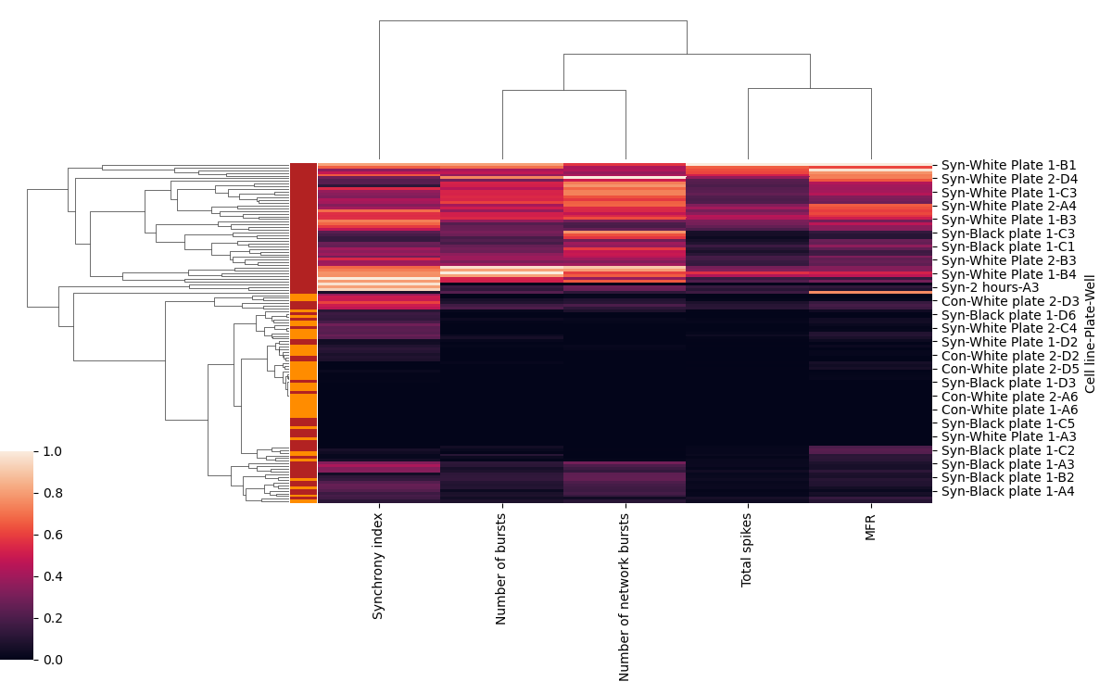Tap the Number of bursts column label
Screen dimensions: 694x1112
coord(501,568)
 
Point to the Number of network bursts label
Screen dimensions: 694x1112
coord(625,596)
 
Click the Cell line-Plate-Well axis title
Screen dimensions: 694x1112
coord(1091,326)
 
